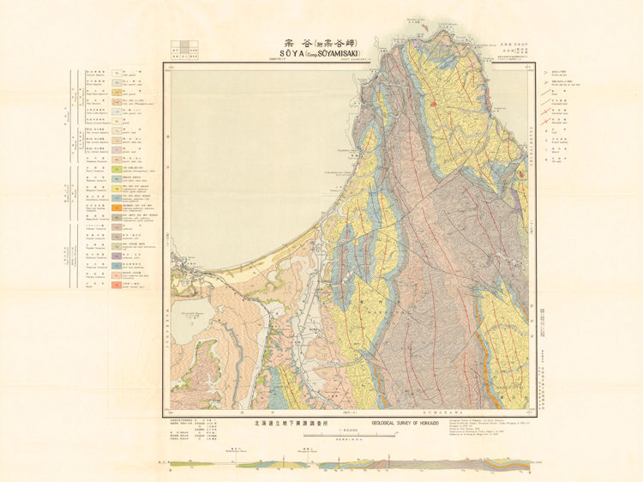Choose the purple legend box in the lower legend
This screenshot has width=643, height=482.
pyautogui.click(x=115, y=255)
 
